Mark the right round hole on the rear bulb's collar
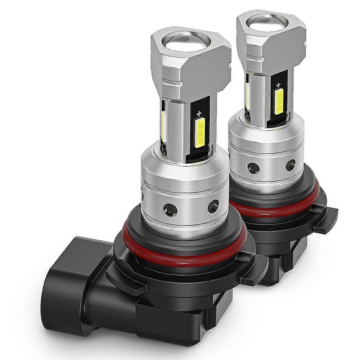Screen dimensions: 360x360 (x=290, y=165)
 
